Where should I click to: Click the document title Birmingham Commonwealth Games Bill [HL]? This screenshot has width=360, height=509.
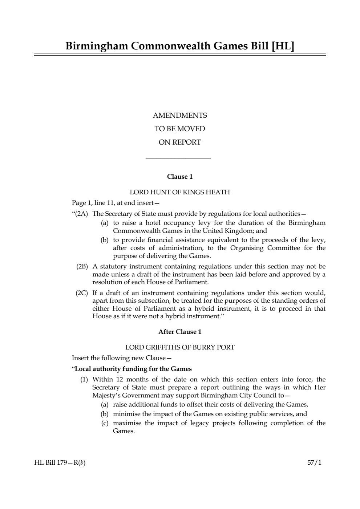click(180, 46)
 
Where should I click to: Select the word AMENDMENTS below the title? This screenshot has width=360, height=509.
click(180, 116)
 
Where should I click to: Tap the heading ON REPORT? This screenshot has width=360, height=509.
click(179, 142)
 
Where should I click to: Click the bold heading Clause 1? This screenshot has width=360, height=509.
click(180, 177)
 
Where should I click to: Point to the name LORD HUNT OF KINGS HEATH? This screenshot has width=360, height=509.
click(180, 192)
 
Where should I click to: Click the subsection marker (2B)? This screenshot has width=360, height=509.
click(82, 266)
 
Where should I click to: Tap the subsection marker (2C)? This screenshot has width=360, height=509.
click(82, 293)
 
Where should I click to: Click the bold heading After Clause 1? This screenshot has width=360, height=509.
click(180, 332)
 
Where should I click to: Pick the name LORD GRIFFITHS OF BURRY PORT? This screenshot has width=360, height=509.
click(180, 347)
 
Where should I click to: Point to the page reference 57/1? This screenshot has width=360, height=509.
click(314, 463)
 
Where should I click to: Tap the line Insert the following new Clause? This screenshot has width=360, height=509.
click(119, 358)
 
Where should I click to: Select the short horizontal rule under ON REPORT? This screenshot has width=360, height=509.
click(178, 158)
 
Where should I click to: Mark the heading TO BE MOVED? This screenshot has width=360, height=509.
click(180, 129)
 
